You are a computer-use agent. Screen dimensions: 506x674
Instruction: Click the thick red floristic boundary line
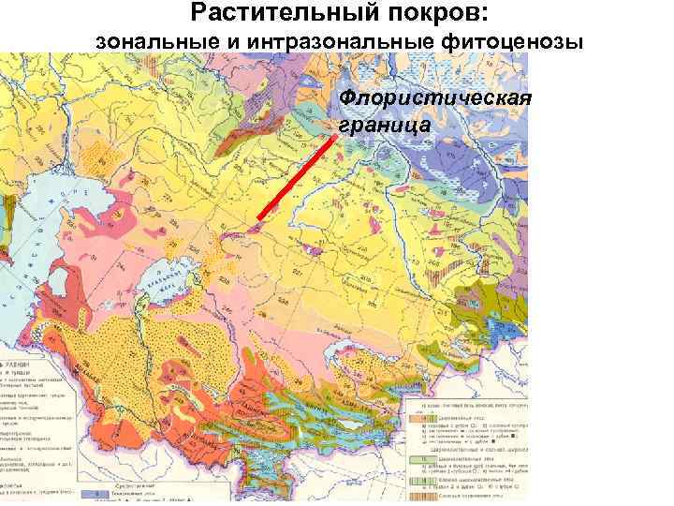pyautogui.click(x=295, y=178)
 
